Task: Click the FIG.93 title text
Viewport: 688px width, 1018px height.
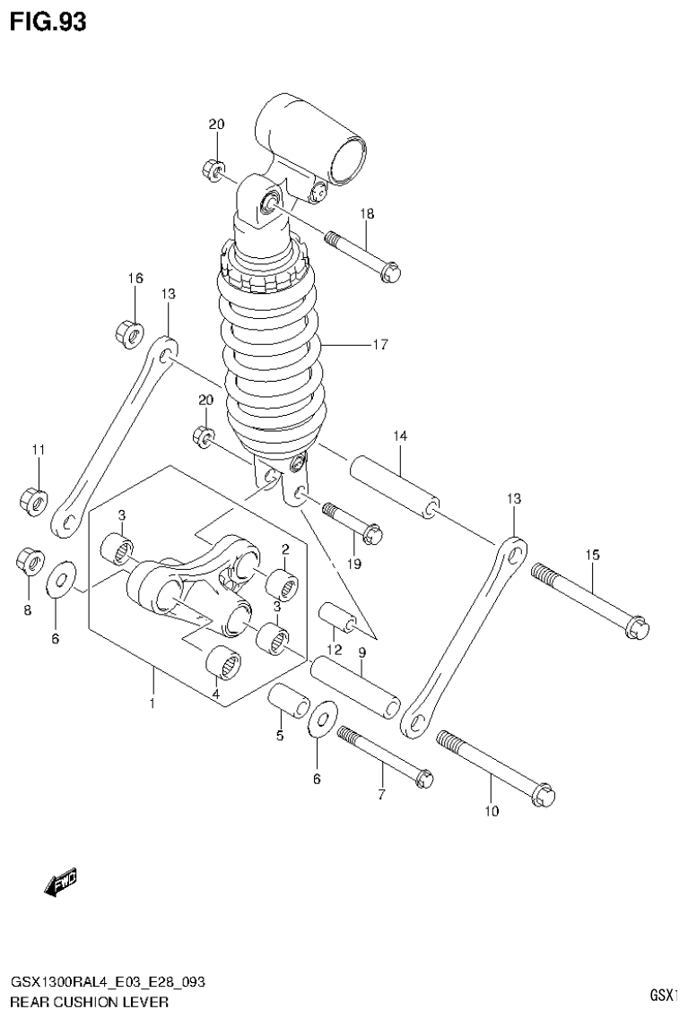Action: (x=48, y=21)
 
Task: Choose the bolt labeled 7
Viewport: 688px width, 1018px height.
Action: (x=385, y=755)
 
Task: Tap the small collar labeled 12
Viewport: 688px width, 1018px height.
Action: (x=338, y=619)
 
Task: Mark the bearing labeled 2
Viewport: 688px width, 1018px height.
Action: (x=283, y=583)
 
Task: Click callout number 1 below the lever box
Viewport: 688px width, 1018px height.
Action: (x=152, y=703)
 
